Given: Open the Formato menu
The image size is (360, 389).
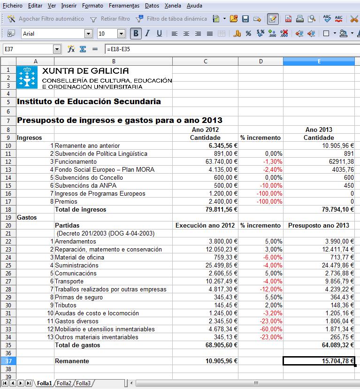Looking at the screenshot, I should (x=92, y=6).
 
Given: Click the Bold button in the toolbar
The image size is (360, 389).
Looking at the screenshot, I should (x=136, y=33).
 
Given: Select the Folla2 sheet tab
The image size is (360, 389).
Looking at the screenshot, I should (x=64, y=383).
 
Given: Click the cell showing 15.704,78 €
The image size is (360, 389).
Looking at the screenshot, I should (x=319, y=361).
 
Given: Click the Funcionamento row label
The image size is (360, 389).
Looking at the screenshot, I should (x=76, y=161).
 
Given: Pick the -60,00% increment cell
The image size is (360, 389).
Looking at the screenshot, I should (x=260, y=329).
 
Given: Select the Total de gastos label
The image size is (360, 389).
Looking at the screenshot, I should (x=77, y=345).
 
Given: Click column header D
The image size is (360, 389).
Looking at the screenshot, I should (x=260, y=61).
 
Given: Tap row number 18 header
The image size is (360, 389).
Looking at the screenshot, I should (x=8, y=209).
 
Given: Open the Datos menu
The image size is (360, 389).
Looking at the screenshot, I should (x=152, y=6).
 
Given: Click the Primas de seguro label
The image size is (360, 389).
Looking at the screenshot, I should (x=77, y=297).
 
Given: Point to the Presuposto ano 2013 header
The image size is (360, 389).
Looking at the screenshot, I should (x=319, y=225).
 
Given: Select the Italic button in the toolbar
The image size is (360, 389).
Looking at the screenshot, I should (x=147, y=33).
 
